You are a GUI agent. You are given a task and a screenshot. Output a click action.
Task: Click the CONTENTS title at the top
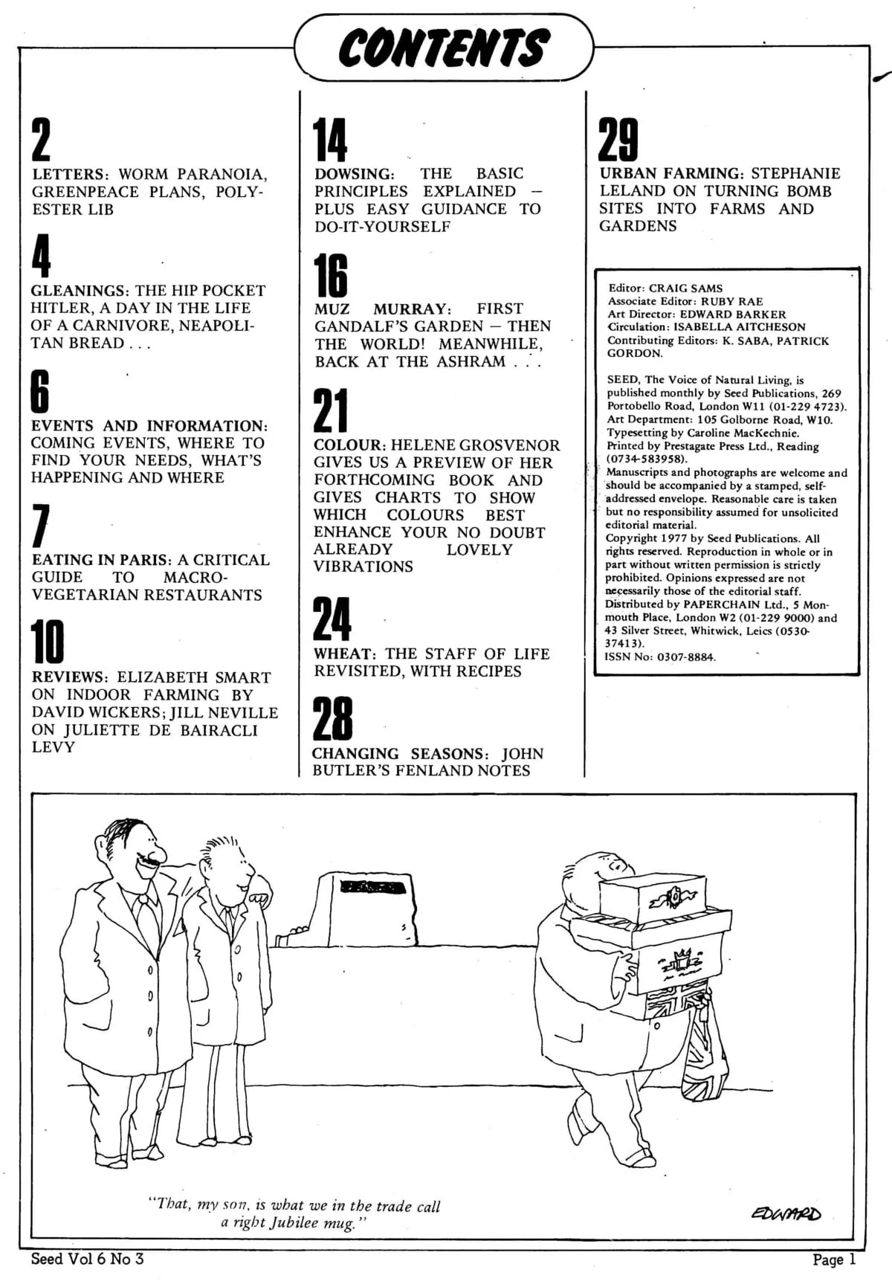point(444,48)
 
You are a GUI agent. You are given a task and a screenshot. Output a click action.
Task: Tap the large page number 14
point(330,140)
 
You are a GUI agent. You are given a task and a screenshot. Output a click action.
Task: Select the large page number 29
point(618,140)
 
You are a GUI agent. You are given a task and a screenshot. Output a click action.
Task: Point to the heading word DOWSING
point(354,174)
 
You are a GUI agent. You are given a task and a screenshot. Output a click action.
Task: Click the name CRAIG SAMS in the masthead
point(685,288)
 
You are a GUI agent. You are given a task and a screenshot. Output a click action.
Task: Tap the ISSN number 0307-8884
point(685,657)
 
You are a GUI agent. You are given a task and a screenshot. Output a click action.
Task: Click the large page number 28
point(332,719)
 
